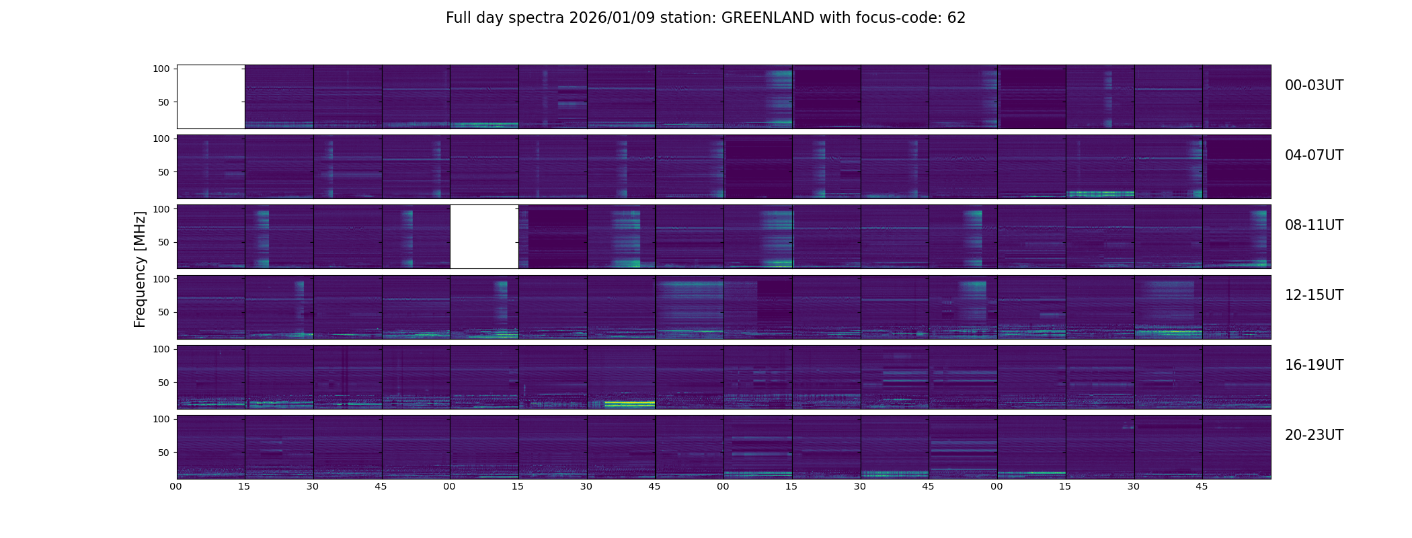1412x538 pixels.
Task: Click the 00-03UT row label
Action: click(x=1314, y=85)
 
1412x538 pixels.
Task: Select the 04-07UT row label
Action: click(x=1314, y=155)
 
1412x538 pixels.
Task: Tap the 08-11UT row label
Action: click(x=1314, y=225)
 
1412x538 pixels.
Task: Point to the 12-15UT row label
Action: click(x=1314, y=295)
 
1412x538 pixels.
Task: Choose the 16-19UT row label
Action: click(x=1314, y=365)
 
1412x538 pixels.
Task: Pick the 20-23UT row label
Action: click(x=1314, y=435)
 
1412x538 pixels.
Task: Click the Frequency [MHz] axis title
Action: click(x=140, y=269)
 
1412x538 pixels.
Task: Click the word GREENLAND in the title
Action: click(x=768, y=18)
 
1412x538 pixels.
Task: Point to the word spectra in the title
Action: click(x=537, y=18)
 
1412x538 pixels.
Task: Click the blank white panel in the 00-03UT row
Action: click(x=210, y=97)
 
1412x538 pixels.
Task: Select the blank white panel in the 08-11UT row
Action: click(x=484, y=237)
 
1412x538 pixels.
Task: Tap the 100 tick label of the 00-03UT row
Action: click(x=161, y=69)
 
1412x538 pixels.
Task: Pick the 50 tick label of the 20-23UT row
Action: click(x=163, y=453)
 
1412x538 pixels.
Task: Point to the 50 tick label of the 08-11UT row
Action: click(x=163, y=242)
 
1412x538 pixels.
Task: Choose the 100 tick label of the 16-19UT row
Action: click(x=161, y=349)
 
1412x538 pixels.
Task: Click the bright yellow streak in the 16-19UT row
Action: click(x=629, y=403)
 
